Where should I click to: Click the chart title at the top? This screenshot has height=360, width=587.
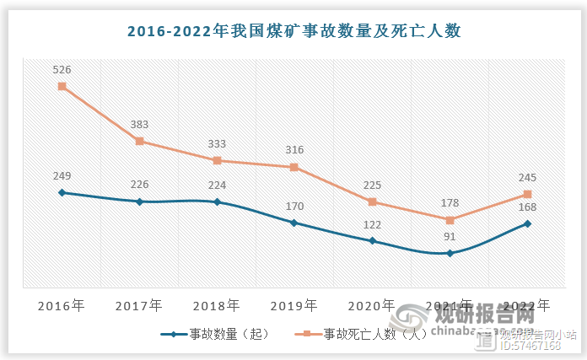pos(293,31)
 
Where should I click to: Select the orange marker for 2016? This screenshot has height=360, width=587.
pos(62,86)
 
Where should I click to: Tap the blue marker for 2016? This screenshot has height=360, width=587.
pos(62,192)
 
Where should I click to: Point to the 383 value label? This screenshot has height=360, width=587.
pos(139,125)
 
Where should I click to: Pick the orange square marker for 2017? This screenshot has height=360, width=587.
pos(139,142)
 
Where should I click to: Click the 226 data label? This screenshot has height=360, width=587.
pos(139,185)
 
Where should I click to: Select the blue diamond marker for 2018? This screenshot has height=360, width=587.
pos(217,202)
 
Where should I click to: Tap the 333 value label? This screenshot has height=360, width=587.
pos(217,144)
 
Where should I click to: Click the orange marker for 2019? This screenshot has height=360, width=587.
pos(294,167)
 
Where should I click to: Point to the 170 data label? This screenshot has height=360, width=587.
pos(294,206)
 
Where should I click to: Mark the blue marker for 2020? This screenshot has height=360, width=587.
pos(372,241)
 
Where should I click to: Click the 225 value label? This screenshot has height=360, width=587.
pos(372,185)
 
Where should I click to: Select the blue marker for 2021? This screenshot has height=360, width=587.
pos(450,253)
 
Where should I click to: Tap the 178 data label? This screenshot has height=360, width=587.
pos(450,203)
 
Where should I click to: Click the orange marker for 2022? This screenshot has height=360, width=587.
pos(527,195)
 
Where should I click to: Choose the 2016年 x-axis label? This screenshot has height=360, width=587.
pos(62,304)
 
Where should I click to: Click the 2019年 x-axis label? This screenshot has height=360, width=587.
pos(294,304)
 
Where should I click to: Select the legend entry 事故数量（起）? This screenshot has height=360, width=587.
pos(218,335)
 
